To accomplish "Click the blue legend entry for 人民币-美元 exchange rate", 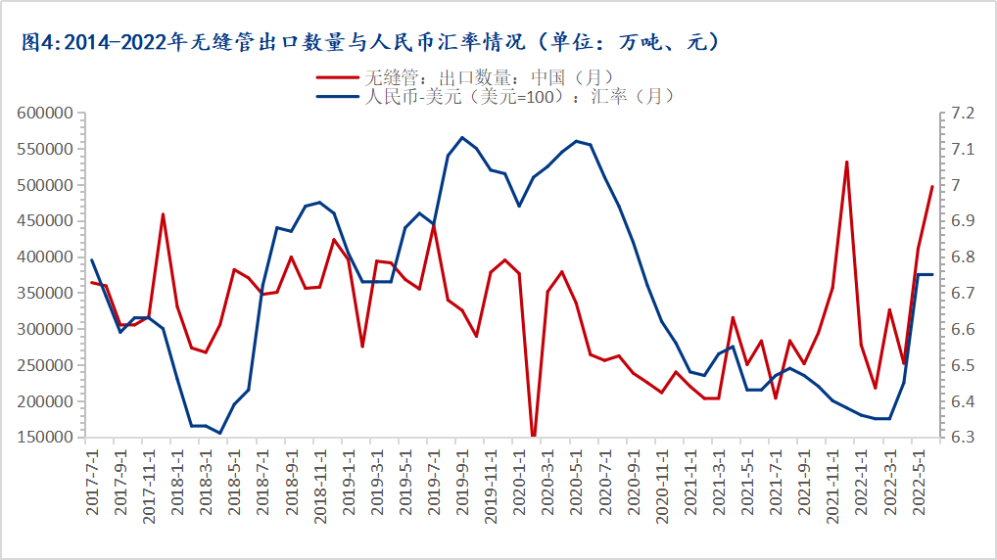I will [496, 96].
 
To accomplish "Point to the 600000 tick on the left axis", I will [46, 114].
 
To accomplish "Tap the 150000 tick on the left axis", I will [46, 438].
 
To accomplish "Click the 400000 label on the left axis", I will [46, 257].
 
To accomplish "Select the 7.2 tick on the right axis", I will [957, 114].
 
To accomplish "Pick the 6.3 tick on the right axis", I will [957, 438].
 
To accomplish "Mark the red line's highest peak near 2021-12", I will [846, 162].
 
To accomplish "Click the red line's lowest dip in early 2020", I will [534, 437].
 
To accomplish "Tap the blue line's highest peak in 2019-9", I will [462, 137].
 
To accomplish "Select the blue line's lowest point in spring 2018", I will [220, 433].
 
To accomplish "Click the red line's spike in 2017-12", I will [163, 213].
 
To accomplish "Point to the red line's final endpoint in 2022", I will [931, 186].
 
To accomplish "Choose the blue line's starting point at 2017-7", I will [92, 259].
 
